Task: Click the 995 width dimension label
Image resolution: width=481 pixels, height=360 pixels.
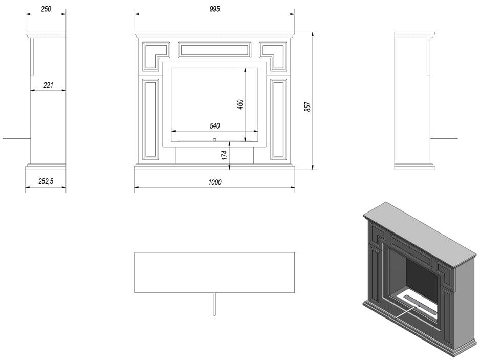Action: click(215, 9)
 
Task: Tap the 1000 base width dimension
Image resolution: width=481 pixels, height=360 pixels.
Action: click(215, 182)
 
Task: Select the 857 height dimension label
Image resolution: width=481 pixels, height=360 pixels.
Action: click(308, 107)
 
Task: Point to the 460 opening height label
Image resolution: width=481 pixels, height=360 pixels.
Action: click(240, 104)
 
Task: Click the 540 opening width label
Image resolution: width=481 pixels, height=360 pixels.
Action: click(215, 126)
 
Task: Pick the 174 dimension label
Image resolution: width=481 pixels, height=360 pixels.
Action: click(224, 155)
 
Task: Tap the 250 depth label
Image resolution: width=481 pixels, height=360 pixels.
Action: click(46, 9)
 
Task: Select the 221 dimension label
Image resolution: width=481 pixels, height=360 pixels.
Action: click(48, 85)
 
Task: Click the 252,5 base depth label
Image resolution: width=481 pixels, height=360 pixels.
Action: click(46, 181)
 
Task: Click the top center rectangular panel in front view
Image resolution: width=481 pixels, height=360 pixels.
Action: click(215, 50)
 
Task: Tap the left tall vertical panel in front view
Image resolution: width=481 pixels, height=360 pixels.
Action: click(150, 119)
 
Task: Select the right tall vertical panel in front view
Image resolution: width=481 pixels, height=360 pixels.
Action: click(278, 119)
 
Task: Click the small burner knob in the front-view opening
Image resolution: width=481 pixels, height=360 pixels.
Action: click(215, 140)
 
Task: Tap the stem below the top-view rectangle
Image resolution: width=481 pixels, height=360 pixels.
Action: click(214, 304)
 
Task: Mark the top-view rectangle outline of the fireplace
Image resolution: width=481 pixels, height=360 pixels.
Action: click(215, 252)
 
